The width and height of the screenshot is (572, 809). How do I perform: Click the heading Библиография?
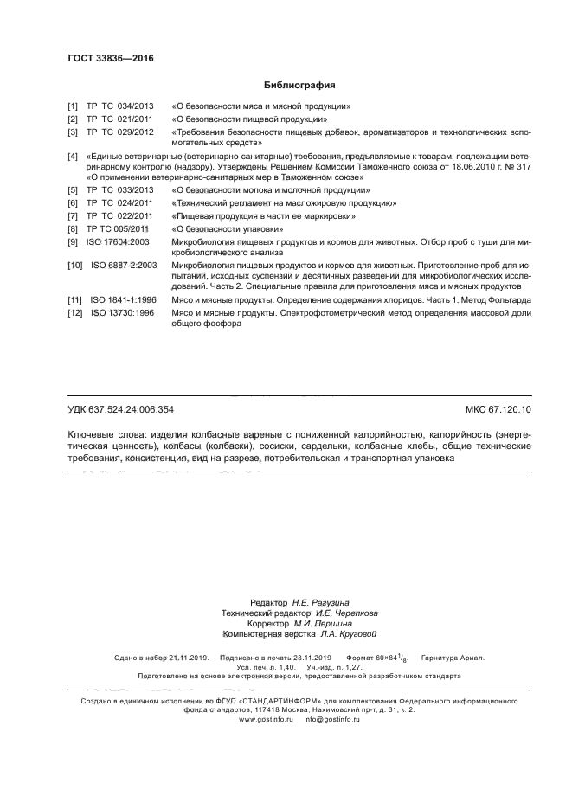(x=299, y=86)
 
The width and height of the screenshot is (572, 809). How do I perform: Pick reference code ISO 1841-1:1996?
(x=124, y=299)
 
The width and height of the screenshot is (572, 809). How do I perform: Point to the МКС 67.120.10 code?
(x=498, y=408)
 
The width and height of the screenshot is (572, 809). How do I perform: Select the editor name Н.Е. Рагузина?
(x=314, y=602)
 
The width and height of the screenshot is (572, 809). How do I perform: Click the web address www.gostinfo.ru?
(x=267, y=719)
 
